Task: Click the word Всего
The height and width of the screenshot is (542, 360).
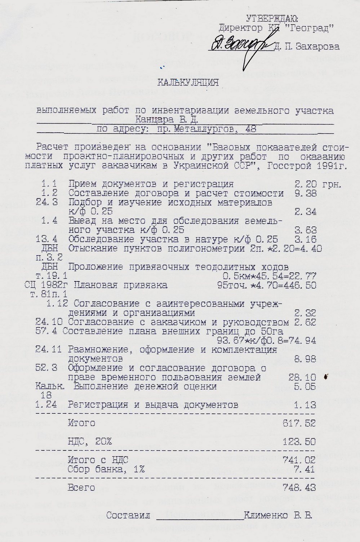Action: pos(81,488)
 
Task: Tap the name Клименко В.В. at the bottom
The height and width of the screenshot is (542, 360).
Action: pos(278,515)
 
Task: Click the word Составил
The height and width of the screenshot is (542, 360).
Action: pos(128,515)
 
